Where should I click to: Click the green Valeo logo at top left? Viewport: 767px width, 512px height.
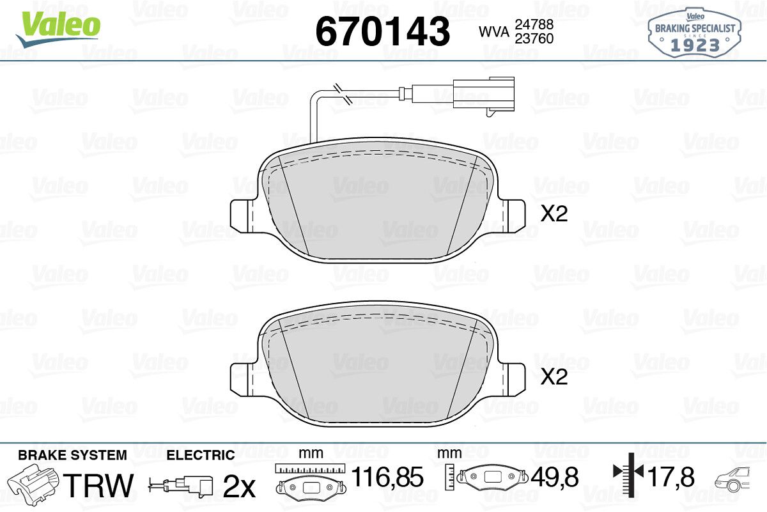(58, 29)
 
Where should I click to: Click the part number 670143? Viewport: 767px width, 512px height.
(382, 31)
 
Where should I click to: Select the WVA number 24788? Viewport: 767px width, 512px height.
(534, 24)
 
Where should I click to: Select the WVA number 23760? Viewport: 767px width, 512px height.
(534, 39)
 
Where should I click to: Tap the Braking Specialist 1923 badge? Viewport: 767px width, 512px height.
(694, 33)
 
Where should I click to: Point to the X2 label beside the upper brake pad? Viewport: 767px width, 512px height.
(554, 213)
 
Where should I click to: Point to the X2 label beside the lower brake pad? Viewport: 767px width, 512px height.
(554, 376)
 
